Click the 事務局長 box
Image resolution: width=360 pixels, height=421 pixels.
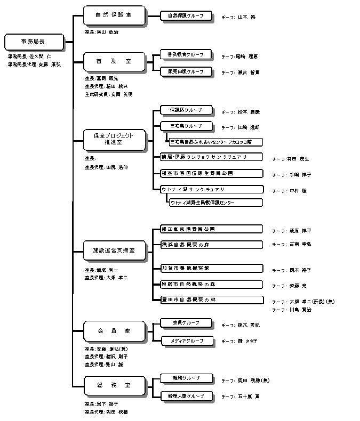pyautogui.click(x=34, y=41)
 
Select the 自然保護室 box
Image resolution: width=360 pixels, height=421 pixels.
pyautogui.click(x=114, y=16)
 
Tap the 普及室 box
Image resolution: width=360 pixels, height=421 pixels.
pyautogui.click(x=114, y=62)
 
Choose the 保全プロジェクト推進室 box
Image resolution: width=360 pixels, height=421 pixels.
pyautogui.click(x=114, y=139)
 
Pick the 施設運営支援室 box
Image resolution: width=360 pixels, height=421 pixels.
pyautogui.click(x=114, y=250)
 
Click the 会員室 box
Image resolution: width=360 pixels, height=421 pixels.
pyautogui.click(x=114, y=331)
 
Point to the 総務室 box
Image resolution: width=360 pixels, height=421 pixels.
pyautogui.click(x=114, y=385)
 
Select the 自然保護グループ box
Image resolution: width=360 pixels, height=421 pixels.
pyautogui.click(x=186, y=16)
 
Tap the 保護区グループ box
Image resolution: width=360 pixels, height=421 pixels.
pyautogui.click(x=186, y=110)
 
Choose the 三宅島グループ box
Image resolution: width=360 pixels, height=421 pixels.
pyautogui.click(x=186, y=126)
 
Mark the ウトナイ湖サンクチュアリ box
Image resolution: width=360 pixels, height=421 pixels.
pyautogui.click(x=212, y=189)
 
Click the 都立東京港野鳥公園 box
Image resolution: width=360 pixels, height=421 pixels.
pyautogui.click(x=212, y=229)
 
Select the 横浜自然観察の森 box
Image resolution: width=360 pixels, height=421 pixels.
pyautogui.click(x=212, y=244)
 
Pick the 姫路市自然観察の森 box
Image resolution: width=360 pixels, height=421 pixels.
pyautogui.click(x=212, y=284)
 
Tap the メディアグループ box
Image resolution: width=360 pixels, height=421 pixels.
pyautogui.click(x=186, y=339)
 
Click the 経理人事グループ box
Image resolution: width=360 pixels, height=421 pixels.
pyautogui.click(x=186, y=395)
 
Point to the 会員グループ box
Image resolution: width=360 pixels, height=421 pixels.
pyautogui.click(x=186, y=322)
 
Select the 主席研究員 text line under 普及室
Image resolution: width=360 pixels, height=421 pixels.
pyautogui.click(x=108, y=94)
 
